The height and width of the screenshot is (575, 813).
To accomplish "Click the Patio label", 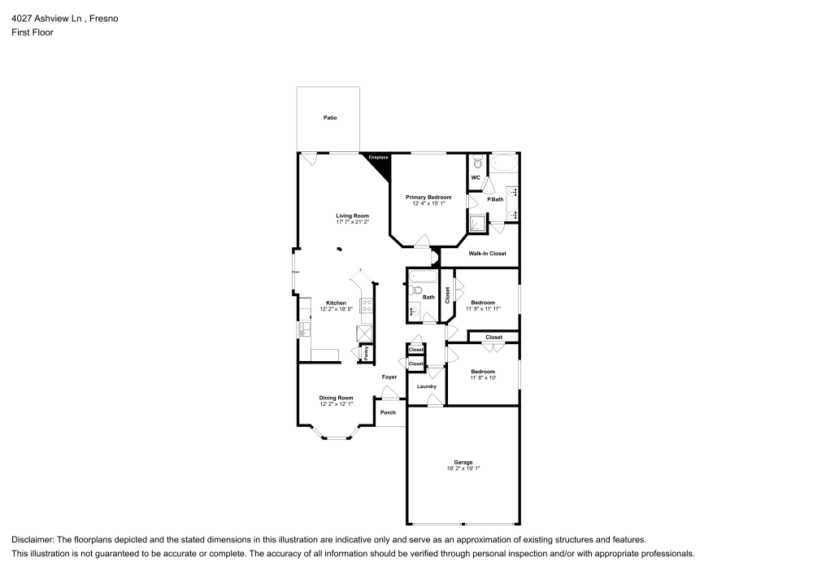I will (x=329, y=118).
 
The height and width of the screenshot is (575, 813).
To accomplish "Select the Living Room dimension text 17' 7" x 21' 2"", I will (x=353, y=221).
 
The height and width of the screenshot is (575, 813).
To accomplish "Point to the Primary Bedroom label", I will (x=428, y=197).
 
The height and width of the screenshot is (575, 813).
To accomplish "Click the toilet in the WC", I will (x=478, y=161).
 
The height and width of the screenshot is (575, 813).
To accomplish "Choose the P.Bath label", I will (x=494, y=199).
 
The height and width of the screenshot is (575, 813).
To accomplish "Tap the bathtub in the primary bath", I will (x=504, y=163).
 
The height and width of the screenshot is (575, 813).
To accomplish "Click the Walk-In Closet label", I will (x=487, y=253).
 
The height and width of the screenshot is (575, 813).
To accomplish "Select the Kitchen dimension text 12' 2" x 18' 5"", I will (x=337, y=309).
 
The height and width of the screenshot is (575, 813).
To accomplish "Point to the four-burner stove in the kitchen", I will (x=367, y=307).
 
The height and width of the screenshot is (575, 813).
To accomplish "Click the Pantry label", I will (x=366, y=353).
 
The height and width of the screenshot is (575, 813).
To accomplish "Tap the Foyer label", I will (x=389, y=377).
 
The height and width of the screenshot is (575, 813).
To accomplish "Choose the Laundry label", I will (x=427, y=386).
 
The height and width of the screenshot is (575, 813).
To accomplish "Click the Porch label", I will (x=389, y=412).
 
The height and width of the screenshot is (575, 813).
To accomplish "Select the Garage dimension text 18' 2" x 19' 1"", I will (x=463, y=468).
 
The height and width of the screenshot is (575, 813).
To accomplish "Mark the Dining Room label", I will (x=336, y=398).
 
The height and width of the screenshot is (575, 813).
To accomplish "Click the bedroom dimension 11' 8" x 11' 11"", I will (x=483, y=309).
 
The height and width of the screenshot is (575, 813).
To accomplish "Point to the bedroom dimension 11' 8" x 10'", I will (x=483, y=377).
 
